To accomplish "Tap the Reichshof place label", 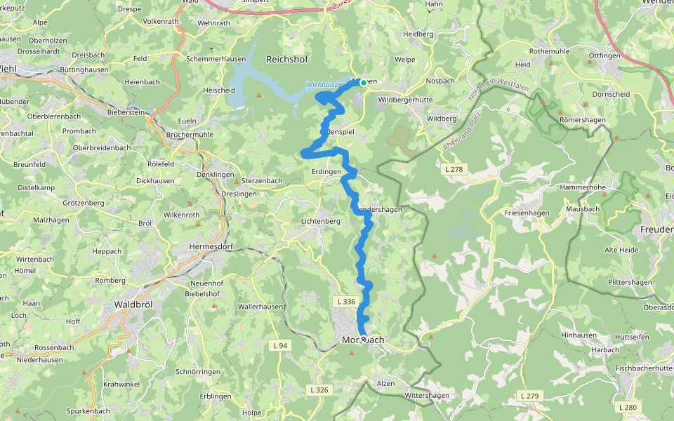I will click(287, 60).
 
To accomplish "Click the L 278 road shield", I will click(454, 170).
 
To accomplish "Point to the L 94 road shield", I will click(279, 345).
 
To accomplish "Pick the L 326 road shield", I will click(318, 389).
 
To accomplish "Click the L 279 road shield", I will click(530, 396).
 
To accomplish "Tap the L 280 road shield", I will click(628, 407).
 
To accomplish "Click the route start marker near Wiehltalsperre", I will click(363, 83).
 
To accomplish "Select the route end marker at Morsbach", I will click(363, 340).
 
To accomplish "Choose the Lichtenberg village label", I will click(319, 221).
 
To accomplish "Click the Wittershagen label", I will click(427, 396).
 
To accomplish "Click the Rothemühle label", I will click(552, 51).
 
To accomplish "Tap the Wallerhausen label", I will click(260, 307).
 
